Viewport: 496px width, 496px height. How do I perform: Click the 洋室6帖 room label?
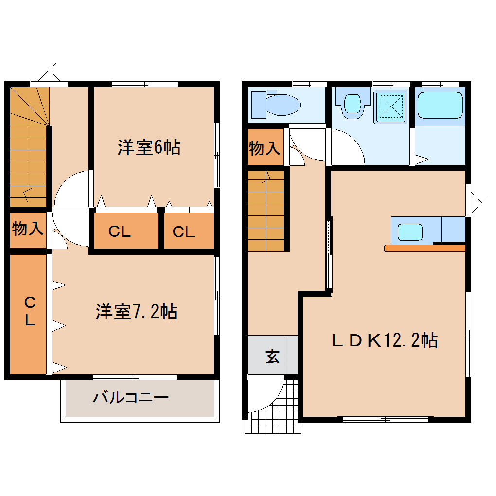[x=149, y=147]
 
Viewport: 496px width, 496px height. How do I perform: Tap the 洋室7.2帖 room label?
[x=136, y=312]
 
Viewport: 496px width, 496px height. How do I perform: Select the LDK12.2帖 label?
[x=385, y=340]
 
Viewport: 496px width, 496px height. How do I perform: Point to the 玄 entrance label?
[x=272, y=357]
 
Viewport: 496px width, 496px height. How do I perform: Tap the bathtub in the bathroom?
[x=440, y=105]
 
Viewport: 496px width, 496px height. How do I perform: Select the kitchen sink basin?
[x=410, y=231]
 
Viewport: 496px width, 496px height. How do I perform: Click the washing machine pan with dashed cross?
[x=391, y=106]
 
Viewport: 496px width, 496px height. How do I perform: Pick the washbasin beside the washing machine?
[x=352, y=104]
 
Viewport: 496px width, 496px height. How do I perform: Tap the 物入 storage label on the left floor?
[x=28, y=228]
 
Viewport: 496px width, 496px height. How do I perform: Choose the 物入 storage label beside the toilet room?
[x=265, y=148]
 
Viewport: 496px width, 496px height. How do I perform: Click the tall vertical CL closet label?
[x=30, y=312]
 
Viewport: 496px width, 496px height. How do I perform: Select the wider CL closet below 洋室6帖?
[x=120, y=232]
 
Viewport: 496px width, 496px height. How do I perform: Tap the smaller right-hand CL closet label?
[x=184, y=232]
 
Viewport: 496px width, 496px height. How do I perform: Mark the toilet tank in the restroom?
[x=258, y=104]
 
